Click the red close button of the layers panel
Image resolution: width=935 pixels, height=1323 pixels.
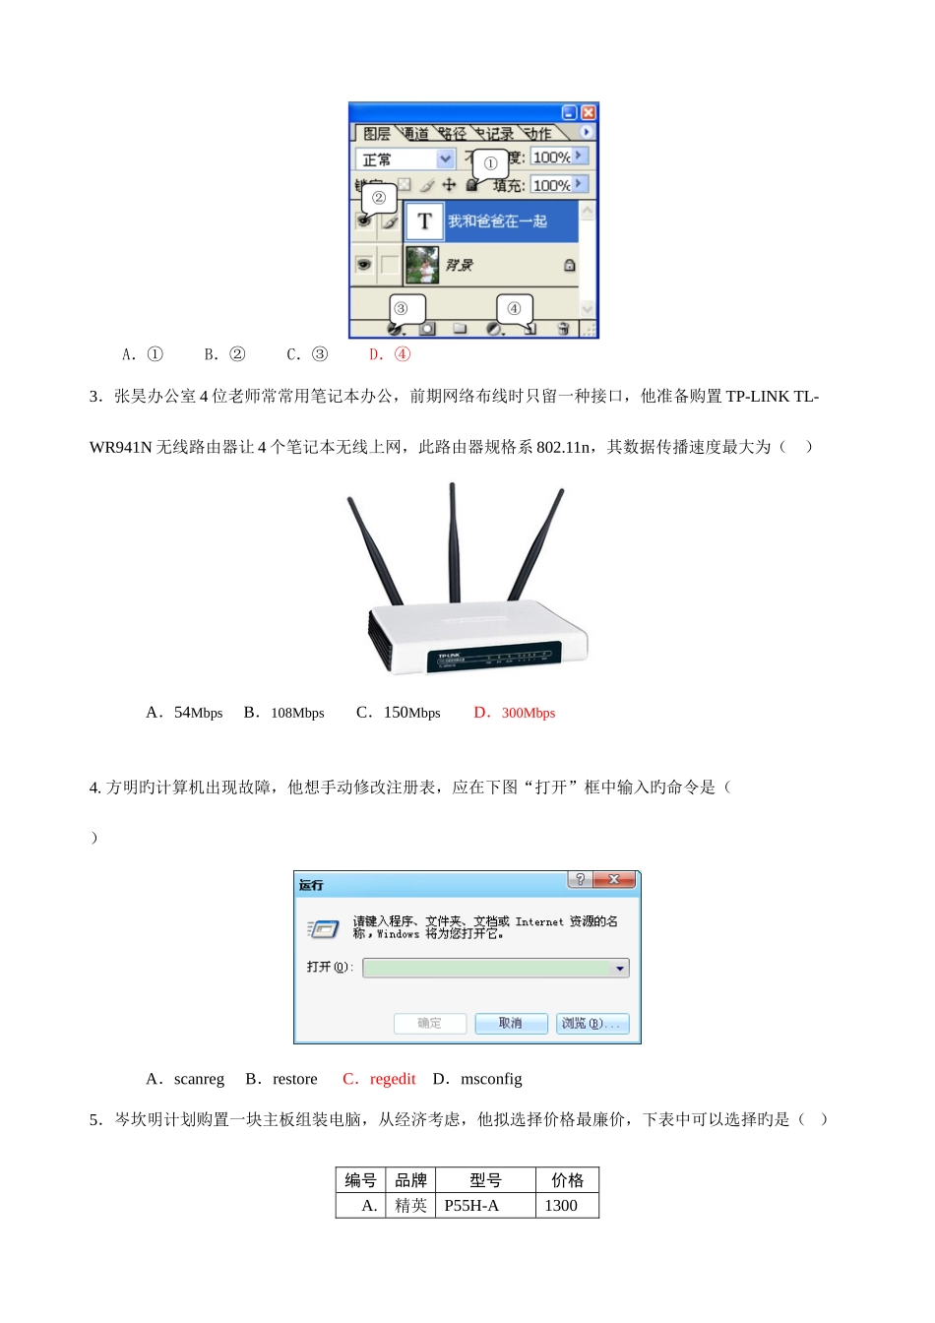tap(589, 112)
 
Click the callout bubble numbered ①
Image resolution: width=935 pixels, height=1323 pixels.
tap(490, 163)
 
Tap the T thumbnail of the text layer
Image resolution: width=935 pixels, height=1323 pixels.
tap(424, 221)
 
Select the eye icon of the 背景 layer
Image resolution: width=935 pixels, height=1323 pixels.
tap(364, 265)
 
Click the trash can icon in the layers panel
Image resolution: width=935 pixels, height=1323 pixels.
tap(563, 329)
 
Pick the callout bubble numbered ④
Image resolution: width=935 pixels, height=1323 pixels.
tap(514, 308)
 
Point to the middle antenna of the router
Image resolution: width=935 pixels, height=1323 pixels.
tap(453, 541)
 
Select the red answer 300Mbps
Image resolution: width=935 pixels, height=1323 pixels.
tap(517, 713)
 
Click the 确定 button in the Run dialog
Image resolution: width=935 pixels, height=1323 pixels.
tap(429, 1024)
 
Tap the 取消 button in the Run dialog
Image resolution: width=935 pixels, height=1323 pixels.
tap(510, 1024)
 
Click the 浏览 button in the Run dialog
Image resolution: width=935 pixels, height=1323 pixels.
tap(592, 1024)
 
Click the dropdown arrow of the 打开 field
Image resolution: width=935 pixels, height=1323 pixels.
tap(619, 969)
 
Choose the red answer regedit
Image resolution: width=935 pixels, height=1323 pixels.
tap(381, 1079)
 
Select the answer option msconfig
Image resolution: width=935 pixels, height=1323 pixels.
tap(479, 1079)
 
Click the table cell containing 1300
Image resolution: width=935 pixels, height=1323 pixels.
tap(562, 1206)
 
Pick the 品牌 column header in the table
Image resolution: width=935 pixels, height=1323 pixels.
tap(410, 1180)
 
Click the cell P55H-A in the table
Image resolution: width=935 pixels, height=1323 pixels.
tap(472, 1206)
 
